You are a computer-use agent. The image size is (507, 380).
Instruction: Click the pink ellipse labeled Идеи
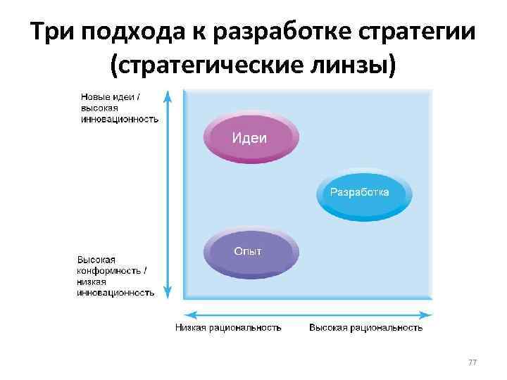(251, 137)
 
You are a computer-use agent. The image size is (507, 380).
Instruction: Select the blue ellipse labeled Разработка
(364, 193)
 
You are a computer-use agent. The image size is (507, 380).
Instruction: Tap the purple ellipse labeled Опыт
(251, 252)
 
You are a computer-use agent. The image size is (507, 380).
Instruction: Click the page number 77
(472, 362)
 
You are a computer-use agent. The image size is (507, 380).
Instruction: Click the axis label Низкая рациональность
(228, 327)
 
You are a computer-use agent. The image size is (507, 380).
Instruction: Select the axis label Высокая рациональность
(366, 327)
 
